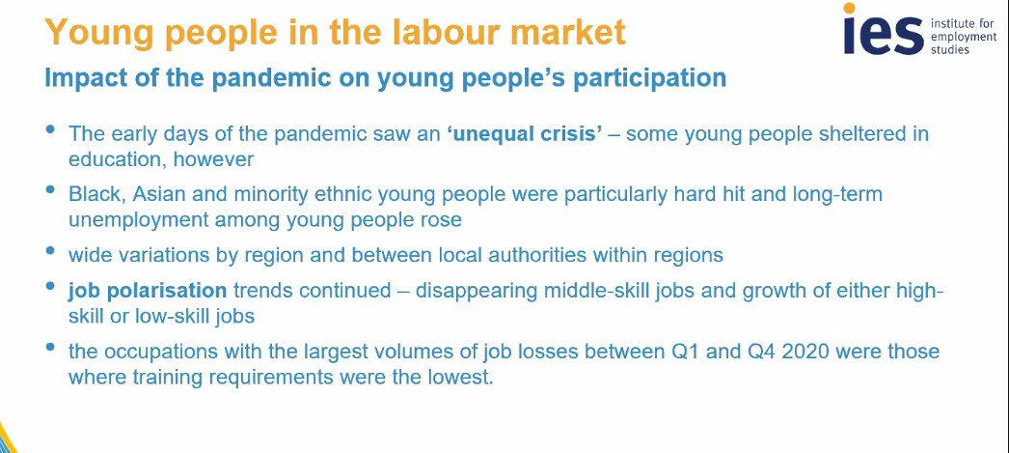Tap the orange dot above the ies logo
click(850, 10)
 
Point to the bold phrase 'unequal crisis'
click(523, 133)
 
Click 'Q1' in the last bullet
click(657, 351)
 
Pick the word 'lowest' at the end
click(459, 376)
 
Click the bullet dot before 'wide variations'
click(50, 250)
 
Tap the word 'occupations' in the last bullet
click(154, 351)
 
